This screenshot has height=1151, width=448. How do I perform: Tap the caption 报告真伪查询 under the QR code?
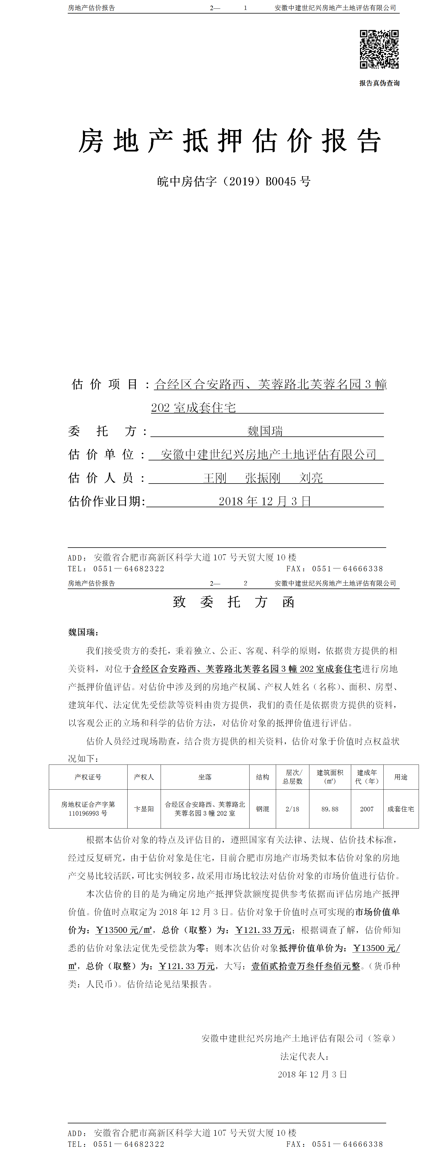[379, 83]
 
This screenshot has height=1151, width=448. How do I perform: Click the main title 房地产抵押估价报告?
[230, 141]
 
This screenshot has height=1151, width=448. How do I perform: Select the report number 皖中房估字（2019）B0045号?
[233, 181]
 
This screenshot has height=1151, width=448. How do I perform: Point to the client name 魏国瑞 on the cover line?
[265, 431]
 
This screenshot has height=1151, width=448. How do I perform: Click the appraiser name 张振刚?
[263, 478]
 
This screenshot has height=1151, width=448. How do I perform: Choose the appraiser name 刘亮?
[311, 478]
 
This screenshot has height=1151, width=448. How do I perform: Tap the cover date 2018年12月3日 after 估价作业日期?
[265, 501]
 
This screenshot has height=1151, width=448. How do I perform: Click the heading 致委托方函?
[233, 602]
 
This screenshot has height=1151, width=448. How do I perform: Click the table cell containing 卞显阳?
[144, 809]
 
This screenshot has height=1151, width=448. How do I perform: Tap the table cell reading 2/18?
[292, 809]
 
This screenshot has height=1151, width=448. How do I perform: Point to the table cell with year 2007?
[367, 809]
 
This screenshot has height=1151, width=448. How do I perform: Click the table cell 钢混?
[263, 809]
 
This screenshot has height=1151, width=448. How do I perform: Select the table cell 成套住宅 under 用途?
[401, 809]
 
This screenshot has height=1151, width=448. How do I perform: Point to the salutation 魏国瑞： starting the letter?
[83, 632]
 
